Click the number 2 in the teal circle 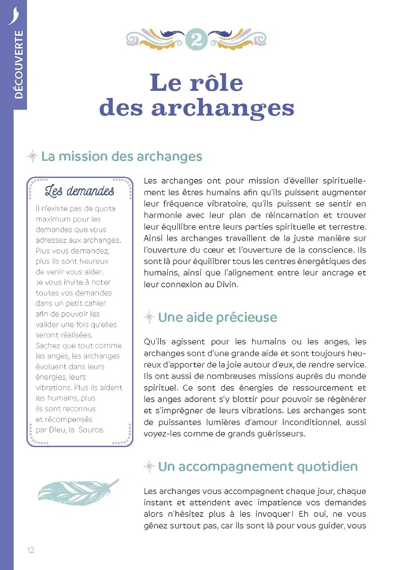click(196, 40)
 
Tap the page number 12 click(31, 550)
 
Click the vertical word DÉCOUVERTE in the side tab click(19, 65)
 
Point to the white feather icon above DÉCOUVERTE click(14, 16)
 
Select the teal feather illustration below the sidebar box click(78, 492)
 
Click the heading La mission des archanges click(121, 156)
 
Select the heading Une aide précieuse click(218, 317)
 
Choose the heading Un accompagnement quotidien click(258, 466)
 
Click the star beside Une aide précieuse click(149, 317)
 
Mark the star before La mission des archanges click(33, 156)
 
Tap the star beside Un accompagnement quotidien click(149, 466)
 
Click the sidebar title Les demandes click(79, 191)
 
